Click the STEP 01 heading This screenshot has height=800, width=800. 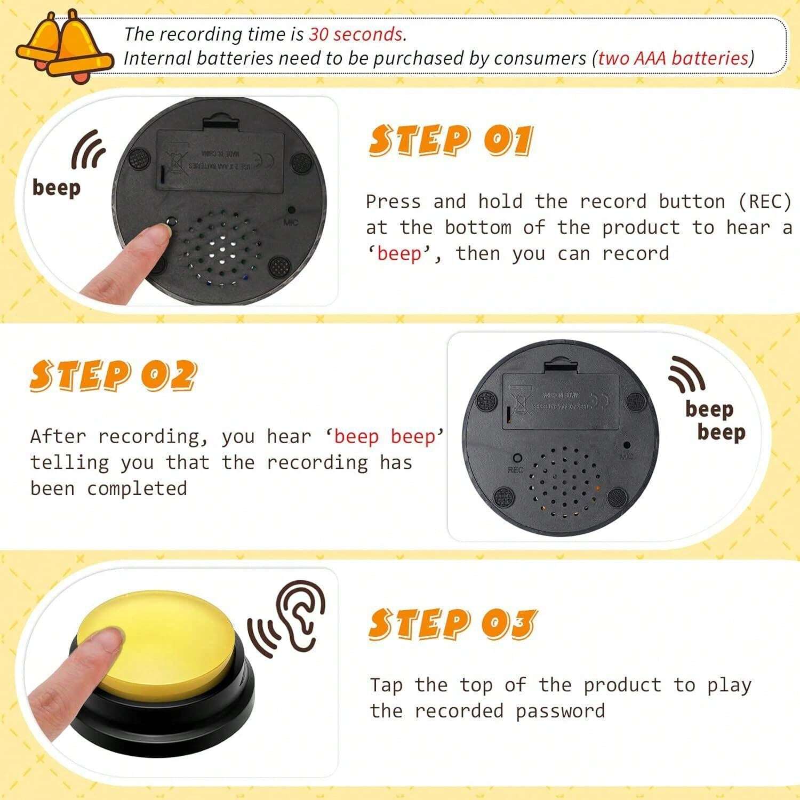click(451, 141)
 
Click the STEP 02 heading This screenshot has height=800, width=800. click(113, 375)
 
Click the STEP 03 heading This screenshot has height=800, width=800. click(452, 623)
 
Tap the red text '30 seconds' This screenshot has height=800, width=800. click(356, 34)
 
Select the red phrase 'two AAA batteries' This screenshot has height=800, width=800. click(673, 58)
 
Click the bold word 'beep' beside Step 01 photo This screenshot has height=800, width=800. click(57, 188)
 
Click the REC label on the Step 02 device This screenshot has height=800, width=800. click(516, 470)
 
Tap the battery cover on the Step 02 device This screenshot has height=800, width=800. click(560, 400)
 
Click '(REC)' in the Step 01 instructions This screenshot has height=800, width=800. click(764, 202)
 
